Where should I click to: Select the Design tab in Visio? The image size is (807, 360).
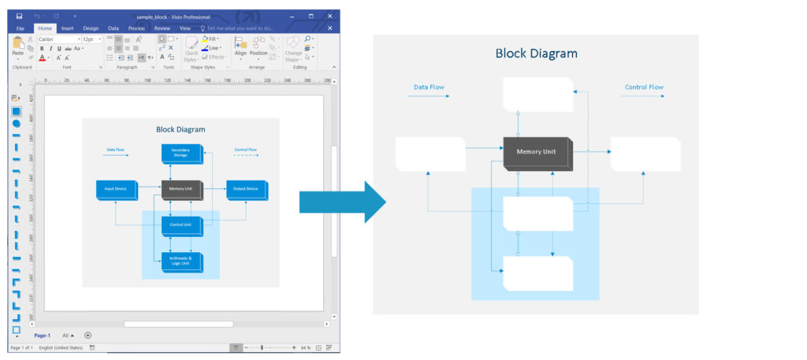(90, 28)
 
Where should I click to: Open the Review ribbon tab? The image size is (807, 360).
(162, 28)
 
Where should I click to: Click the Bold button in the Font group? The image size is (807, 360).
(42, 48)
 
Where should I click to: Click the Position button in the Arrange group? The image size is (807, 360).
(258, 49)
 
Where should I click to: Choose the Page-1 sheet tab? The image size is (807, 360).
(43, 335)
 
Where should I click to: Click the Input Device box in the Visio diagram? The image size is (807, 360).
(117, 189)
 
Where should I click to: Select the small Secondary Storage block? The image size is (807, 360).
(181, 154)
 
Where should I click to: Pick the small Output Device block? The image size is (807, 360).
(247, 189)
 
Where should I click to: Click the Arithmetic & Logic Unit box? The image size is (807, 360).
(181, 262)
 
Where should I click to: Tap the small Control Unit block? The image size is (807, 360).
(181, 225)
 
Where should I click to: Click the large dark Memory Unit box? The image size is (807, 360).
(537, 154)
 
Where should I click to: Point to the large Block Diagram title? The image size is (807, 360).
(536, 54)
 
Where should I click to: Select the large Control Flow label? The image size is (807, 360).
(644, 87)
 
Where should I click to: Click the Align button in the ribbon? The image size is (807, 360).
(240, 49)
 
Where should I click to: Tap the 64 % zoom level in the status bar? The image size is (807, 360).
(306, 347)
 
